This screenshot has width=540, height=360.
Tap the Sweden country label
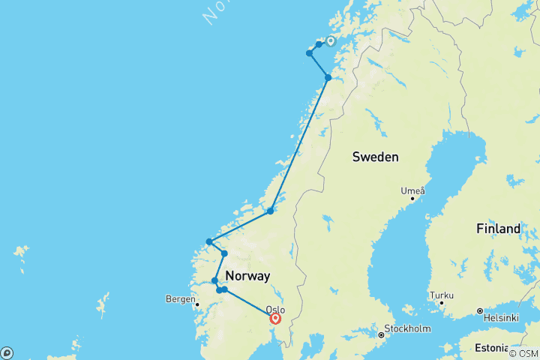click(x=375, y=157)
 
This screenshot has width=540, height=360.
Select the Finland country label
click(x=497, y=229)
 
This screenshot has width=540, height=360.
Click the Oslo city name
click(x=275, y=309)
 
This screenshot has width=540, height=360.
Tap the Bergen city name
click(x=178, y=299)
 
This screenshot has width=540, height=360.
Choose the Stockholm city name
click(x=407, y=328)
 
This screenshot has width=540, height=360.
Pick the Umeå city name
click(x=412, y=190)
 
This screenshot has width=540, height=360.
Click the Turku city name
click(x=441, y=295)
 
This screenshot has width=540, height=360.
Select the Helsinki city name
click(x=501, y=318)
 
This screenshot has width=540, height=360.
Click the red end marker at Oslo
click(x=276, y=319)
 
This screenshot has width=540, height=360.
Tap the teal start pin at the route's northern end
click(x=330, y=42)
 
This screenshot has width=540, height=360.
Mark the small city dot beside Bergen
click(x=196, y=304)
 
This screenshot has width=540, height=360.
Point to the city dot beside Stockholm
click(x=381, y=334)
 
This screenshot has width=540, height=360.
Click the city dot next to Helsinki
click(x=478, y=310)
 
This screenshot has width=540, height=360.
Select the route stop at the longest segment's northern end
click(x=328, y=77)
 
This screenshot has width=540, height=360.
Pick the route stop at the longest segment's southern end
click(x=271, y=211)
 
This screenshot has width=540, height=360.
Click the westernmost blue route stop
click(x=209, y=241)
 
